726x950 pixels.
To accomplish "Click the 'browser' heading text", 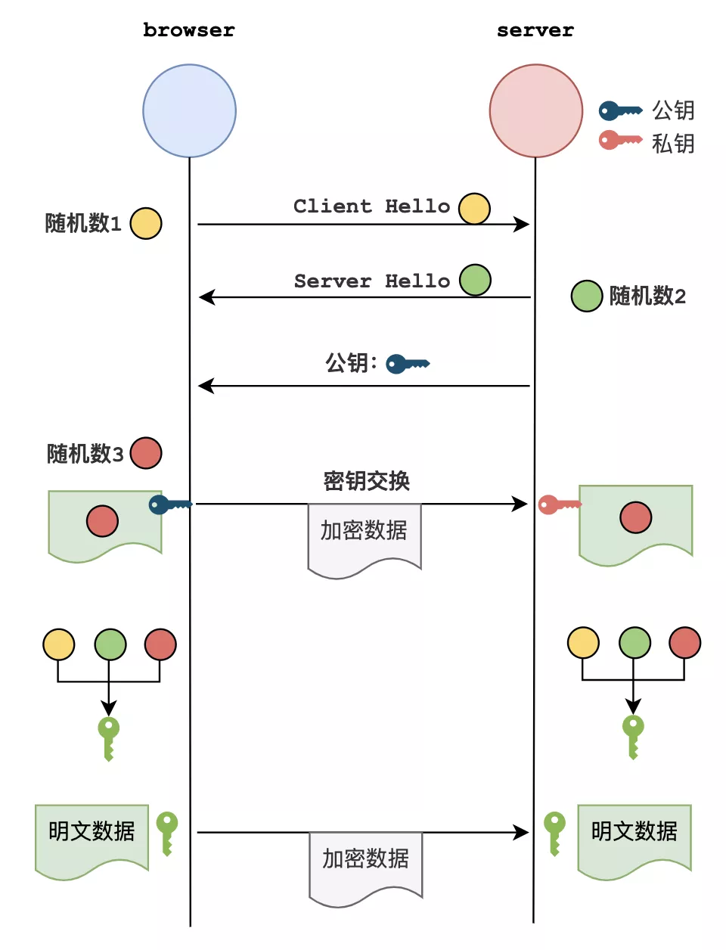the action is (188, 30).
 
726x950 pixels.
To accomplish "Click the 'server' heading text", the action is (535, 30).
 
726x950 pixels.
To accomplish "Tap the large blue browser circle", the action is (189, 110).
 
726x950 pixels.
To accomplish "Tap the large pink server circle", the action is (535, 110).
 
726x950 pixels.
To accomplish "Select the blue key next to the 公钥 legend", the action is (620, 110).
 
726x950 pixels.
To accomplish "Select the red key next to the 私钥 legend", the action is (620, 140).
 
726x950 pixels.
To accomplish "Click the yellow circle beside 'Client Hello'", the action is (474, 209).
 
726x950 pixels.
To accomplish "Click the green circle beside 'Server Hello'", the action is (475, 280).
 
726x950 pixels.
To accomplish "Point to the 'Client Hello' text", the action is (371, 206).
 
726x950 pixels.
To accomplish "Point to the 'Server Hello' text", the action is (371, 281).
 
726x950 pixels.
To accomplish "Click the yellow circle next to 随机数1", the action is (146, 223).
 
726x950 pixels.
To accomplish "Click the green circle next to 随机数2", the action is (586, 296).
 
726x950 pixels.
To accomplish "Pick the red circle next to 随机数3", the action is (146, 453).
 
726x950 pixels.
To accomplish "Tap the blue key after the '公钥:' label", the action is (407, 364).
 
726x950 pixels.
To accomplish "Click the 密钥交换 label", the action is (366, 481).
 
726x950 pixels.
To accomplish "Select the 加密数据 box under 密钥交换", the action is (364, 537).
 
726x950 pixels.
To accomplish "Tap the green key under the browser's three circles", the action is (108, 739).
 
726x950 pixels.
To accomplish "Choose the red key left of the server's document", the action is (559, 504).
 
